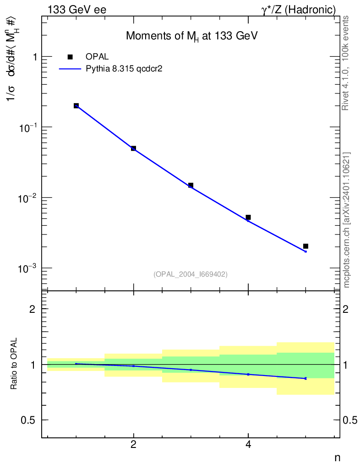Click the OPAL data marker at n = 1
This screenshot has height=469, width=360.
pyautogui.click(x=76, y=106)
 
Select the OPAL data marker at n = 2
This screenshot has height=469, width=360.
pyautogui.click(x=133, y=148)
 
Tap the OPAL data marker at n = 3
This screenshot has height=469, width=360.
pyautogui.click(x=191, y=185)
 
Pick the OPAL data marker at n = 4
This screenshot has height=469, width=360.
pyautogui.click(x=248, y=217)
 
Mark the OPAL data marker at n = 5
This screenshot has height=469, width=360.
pyautogui.click(x=305, y=246)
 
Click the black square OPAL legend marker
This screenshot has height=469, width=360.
pyautogui.click(x=70, y=57)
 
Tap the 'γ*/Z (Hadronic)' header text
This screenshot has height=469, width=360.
pyautogui.click(x=298, y=10)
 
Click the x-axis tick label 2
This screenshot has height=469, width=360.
pyautogui.click(x=133, y=445)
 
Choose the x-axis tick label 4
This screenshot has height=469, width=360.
pyautogui.click(x=248, y=445)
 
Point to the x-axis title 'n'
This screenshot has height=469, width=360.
pyautogui.click(x=337, y=458)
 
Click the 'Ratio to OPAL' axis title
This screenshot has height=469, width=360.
pyautogui.click(x=14, y=364)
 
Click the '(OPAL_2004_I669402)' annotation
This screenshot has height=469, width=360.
pyautogui.click(x=191, y=274)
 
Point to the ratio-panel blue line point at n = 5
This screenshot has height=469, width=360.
pyautogui.click(x=305, y=378)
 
